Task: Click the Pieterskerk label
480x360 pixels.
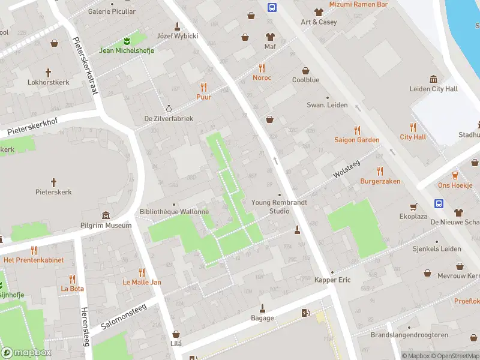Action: (x=53, y=192)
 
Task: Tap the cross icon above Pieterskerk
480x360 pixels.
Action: (x=53, y=181)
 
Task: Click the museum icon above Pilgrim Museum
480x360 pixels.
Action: (x=106, y=215)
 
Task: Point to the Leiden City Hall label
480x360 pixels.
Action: (x=433, y=89)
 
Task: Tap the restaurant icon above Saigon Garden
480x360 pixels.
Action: (x=357, y=129)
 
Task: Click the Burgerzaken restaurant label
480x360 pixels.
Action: (x=380, y=181)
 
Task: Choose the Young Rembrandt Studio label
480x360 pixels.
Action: (x=279, y=206)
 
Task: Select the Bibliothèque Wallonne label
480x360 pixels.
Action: (x=174, y=212)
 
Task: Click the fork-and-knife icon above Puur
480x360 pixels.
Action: (x=203, y=86)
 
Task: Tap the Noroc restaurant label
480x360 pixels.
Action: (x=262, y=78)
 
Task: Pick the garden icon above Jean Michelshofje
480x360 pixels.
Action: (x=127, y=40)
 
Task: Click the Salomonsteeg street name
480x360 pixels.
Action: (x=124, y=316)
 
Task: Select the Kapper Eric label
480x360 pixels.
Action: (x=332, y=280)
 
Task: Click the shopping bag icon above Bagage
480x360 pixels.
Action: (x=262, y=307)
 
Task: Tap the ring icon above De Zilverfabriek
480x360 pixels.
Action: (x=169, y=109)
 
